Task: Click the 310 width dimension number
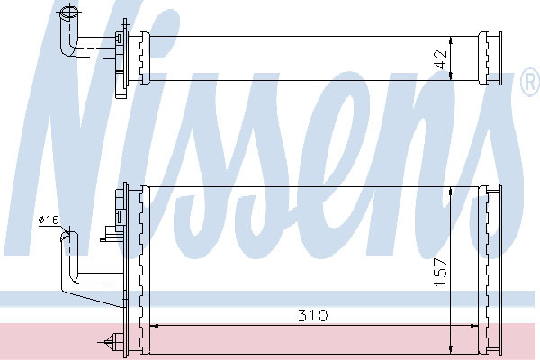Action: (312, 315)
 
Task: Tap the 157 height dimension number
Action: (440, 272)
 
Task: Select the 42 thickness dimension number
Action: (440, 59)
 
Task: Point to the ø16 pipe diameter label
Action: (49, 220)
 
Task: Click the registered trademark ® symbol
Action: (531, 82)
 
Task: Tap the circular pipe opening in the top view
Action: (70, 13)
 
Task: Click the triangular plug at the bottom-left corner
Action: (112, 342)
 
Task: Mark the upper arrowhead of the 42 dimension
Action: (451, 40)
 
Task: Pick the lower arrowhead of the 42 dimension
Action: (451, 76)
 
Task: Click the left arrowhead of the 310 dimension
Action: (154, 326)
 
